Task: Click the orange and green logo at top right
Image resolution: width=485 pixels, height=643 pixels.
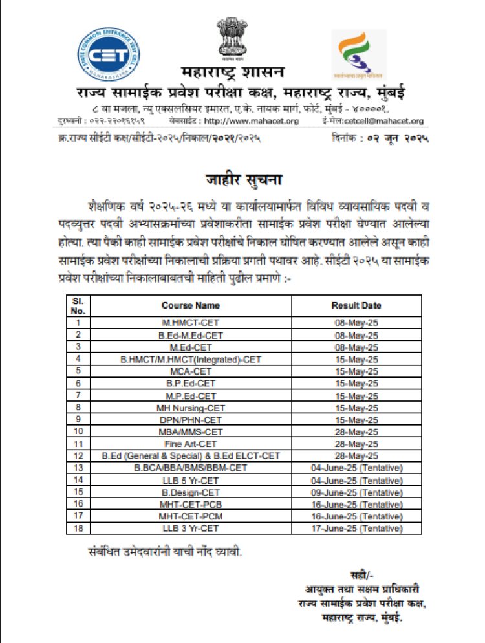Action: (359, 55)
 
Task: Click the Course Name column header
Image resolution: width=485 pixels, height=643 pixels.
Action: (190, 305)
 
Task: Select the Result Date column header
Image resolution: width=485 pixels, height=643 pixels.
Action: (356, 305)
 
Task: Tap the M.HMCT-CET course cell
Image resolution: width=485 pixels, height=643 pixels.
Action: (190, 321)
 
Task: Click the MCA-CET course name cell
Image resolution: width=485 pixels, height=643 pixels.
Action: (190, 371)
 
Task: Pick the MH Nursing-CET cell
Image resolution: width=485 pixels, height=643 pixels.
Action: (190, 408)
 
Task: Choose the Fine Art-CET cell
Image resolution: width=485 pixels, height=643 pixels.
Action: (190, 444)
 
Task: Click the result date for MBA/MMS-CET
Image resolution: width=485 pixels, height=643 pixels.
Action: (356, 431)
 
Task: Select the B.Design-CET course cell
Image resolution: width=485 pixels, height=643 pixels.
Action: (190, 492)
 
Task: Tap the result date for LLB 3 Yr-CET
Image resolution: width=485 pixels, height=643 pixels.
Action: (356, 528)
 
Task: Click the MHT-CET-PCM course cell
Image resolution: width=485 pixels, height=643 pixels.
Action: (190, 516)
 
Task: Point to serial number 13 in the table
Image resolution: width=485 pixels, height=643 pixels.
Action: (78, 467)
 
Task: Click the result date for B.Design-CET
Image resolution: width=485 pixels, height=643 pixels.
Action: (356, 492)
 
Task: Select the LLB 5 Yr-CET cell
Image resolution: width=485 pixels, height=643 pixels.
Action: (190, 479)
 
